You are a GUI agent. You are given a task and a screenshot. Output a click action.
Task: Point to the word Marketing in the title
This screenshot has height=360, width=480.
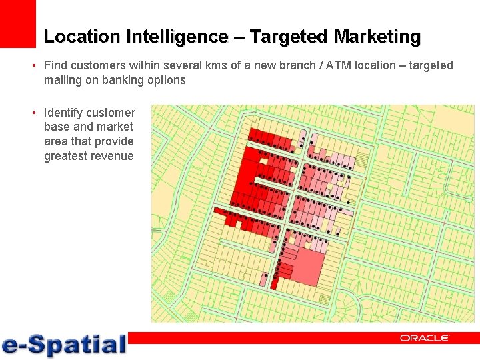[x=377, y=37]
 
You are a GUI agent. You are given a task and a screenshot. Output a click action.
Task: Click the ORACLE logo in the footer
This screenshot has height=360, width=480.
[x=424, y=338]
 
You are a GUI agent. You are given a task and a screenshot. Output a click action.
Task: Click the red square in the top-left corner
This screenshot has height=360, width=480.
[x=17, y=23]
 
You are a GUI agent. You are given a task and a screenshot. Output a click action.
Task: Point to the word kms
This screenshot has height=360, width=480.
[x=198, y=65]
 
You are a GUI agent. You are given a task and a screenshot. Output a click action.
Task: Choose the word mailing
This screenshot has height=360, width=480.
[x=63, y=80]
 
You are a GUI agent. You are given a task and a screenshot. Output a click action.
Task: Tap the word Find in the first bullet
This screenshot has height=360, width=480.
[x=55, y=65]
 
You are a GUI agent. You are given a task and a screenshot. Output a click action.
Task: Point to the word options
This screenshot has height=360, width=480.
[x=168, y=80]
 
